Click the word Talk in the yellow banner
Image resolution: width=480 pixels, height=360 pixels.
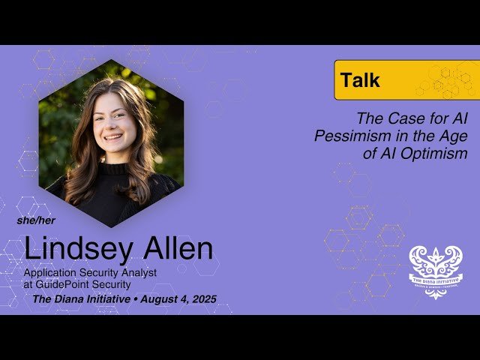click(x=360, y=80)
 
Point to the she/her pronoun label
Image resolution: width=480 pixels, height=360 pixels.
click(x=36, y=220)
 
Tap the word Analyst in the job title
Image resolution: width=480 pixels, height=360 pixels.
click(x=137, y=272)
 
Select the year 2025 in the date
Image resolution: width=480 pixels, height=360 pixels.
click(x=201, y=299)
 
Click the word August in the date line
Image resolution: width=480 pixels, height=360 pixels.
click(x=154, y=299)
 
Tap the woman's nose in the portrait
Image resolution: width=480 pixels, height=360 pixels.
click(x=112, y=124)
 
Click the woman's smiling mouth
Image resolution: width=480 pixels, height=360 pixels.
click(x=113, y=137)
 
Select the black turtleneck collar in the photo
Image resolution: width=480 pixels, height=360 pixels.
click(x=114, y=169)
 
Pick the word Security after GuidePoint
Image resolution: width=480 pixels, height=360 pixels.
click(x=111, y=284)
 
